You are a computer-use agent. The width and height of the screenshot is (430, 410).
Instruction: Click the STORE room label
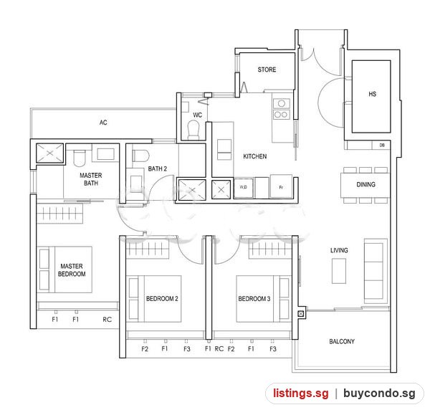tap(267, 70)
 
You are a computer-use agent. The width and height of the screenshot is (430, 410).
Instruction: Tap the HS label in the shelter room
tap(372, 94)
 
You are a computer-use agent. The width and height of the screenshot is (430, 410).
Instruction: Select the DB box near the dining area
tap(382, 145)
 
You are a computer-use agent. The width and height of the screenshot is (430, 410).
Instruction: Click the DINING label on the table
tap(365, 184)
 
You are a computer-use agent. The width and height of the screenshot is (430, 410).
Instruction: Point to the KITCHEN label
tap(254, 156)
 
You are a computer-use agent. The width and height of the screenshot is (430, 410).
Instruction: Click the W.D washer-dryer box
tap(243, 188)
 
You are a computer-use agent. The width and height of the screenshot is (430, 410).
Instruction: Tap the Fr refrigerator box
tap(281, 186)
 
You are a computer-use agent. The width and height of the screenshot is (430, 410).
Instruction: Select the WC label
tap(198, 115)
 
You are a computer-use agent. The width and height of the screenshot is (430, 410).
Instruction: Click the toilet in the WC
tap(193, 130)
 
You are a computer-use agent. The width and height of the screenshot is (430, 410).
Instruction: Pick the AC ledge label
tap(103, 123)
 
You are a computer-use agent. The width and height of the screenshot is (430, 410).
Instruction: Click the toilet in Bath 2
tap(140, 156)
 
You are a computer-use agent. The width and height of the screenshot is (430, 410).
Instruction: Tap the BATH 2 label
tap(158, 168)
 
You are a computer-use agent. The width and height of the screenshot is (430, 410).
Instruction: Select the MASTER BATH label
tap(91, 179)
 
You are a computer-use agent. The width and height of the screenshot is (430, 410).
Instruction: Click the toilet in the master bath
tap(80, 158)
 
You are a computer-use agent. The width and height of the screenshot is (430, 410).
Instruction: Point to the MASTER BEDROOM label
tap(72, 270)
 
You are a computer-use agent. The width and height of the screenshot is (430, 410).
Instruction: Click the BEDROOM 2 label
tap(162, 299)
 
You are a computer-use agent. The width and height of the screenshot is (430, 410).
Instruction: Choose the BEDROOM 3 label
tap(254, 299)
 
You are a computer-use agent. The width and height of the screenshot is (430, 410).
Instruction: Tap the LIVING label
tap(339, 250)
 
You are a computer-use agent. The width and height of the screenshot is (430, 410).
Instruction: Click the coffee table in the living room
tap(339, 271)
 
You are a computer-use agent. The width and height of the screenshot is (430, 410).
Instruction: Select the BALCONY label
tap(342, 341)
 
